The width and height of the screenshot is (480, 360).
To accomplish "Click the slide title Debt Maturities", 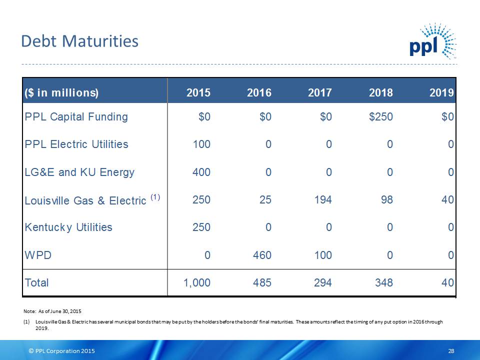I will [x=79, y=41].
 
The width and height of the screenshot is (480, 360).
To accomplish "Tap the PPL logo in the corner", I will [x=432, y=42].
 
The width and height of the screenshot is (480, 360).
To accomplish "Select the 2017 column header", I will [x=319, y=92].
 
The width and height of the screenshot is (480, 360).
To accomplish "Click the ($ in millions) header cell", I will [x=61, y=92].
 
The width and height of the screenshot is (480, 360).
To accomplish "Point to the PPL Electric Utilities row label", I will [x=76, y=144].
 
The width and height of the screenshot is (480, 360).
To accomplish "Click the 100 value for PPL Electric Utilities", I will [x=201, y=144].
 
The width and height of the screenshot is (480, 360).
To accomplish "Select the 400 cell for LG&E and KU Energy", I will [x=201, y=172].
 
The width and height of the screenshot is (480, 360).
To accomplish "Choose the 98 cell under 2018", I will [x=385, y=200].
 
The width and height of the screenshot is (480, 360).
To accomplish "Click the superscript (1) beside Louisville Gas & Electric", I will [x=155, y=197].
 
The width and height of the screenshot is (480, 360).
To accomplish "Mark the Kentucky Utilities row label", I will [x=68, y=227].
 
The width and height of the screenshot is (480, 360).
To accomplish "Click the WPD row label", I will [x=38, y=255].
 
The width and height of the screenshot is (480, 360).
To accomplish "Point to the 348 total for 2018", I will [x=383, y=283].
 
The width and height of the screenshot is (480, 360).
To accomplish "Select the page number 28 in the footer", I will [x=451, y=351].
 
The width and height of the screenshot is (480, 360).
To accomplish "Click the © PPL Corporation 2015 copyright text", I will [x=61, y=351].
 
